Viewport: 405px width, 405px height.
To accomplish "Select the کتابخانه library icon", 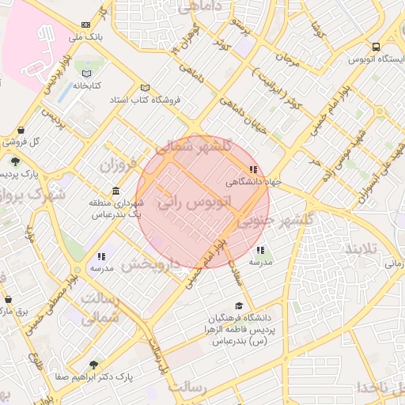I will (85, 74).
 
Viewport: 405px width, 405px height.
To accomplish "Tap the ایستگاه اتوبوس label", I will (373, 60).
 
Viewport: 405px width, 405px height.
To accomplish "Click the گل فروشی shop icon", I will (21, 131).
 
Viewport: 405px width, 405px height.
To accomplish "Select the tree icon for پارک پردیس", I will (16, 161).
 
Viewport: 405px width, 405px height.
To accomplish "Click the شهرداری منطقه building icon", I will (116, 191).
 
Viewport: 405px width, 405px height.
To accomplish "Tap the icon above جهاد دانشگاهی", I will (252, 169).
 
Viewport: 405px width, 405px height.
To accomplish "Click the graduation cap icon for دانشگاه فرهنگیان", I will (238, 306).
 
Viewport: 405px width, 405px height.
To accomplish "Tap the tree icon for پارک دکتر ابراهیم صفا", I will (93, 365).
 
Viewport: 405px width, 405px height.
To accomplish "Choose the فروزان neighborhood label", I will (118, 166).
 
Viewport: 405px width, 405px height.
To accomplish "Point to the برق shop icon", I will (8, 301).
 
